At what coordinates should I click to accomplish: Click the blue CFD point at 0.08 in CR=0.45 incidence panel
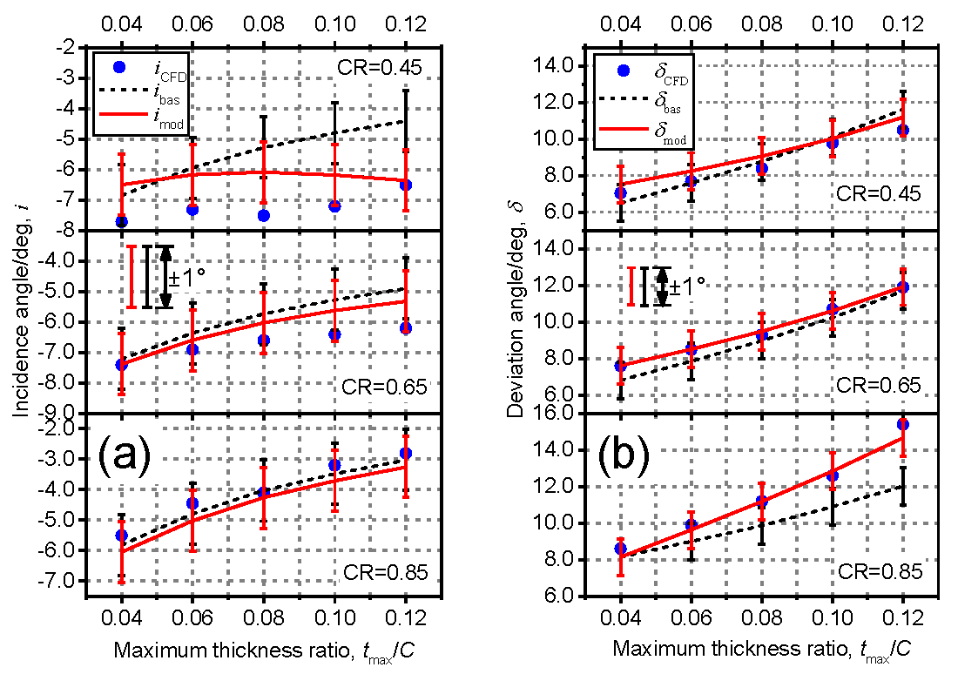(264, 215)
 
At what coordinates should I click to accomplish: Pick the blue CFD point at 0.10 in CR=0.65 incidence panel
(334, 334)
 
